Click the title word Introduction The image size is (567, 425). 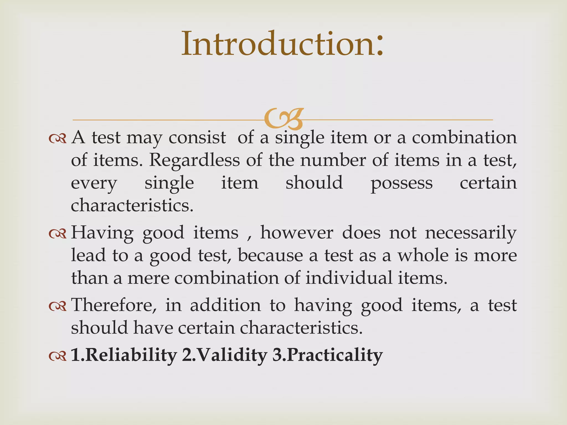[x=282, y=44]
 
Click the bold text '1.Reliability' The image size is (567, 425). [x=124, y=355]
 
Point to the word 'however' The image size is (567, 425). [x=297, y=233]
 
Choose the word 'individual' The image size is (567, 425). [x=349, y=278]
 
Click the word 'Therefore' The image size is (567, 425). [x=114, y=305]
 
